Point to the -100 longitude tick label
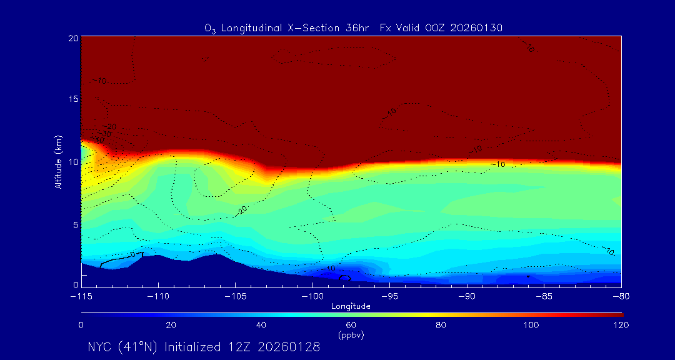tap(312, 295)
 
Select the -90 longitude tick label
tap(466, 295)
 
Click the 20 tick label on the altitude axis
tap(72, 38)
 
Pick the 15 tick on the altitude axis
tap(72, 99)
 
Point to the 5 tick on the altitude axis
tap(74, 224)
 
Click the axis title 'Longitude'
tap(351, 306)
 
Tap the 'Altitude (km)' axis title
tap(58, 162)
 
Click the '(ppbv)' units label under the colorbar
tap(351, 335)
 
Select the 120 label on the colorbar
tap(620, 325)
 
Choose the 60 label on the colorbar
tap(351, 325)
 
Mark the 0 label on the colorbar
tap(81, 325)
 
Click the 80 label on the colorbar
tap(441, 325)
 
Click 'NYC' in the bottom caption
tap(100, 347)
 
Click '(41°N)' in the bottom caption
tap(138, 347)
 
